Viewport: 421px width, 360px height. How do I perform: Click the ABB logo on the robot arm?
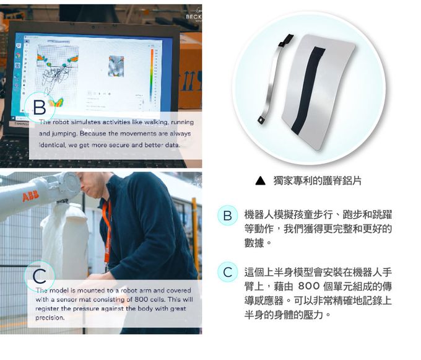30,197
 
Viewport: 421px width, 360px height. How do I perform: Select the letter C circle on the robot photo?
39,276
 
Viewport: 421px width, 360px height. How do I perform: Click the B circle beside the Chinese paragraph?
227,216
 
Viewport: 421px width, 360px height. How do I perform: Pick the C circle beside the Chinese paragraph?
227,272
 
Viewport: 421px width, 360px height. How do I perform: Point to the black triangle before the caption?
261,182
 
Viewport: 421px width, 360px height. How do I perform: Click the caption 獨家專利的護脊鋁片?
317,182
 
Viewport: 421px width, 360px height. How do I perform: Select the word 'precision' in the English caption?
50,318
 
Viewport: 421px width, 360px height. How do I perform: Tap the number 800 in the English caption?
136,299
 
